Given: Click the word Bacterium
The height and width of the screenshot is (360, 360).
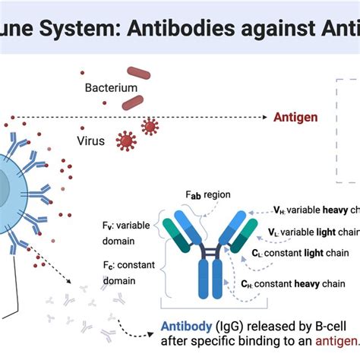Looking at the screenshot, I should pos(111,88).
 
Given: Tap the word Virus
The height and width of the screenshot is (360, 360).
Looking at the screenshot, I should pos(91,141).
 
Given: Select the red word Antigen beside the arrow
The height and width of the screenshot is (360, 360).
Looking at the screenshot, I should pos(296,118).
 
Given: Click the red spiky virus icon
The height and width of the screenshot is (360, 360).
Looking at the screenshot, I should pos(126,140).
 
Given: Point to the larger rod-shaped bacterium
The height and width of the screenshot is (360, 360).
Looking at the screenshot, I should pos(138,74).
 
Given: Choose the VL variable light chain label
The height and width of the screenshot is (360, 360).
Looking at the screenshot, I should pos(314,231).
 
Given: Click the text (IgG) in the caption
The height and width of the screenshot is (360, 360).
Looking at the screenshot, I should pos(229,325).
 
